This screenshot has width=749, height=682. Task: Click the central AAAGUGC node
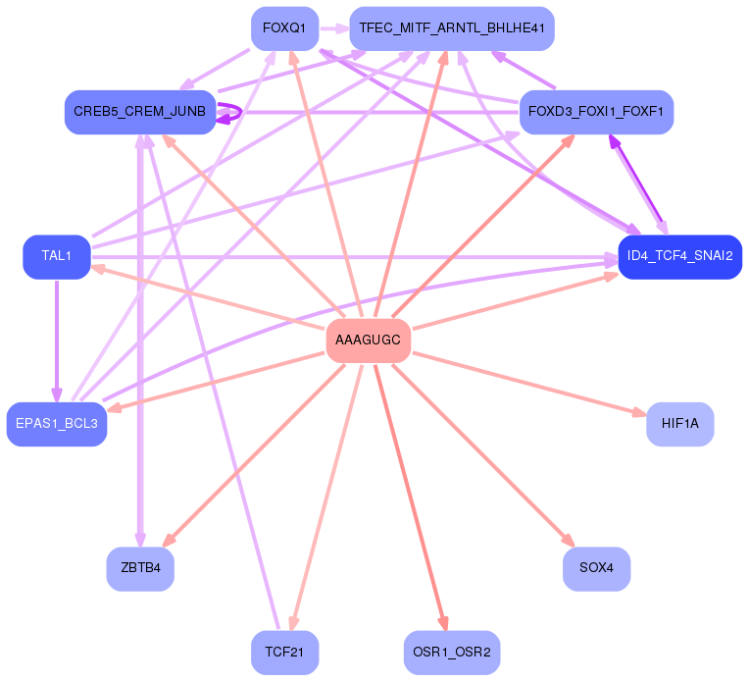(368, 341)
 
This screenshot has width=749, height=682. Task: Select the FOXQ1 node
(285, 28)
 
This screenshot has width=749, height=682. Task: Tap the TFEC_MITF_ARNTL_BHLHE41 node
(452, 28)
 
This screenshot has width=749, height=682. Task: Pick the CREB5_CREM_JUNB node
(140, 112)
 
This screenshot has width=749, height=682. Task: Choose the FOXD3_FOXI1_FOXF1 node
(596, 112)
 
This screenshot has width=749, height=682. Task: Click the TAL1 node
(57, 256)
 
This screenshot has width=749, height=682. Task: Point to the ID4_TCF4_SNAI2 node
(679, 256)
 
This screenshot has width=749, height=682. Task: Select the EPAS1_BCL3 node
(57, 424)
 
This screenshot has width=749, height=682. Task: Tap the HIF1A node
(679, 424)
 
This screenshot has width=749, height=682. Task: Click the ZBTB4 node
(140, 568)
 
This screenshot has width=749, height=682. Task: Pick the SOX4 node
(596, 568)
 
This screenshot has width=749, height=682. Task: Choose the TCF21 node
(285, 652)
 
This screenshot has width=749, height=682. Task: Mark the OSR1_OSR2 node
(452, 652)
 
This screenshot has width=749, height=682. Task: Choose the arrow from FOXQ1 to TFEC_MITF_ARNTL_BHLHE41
(334, 28)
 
